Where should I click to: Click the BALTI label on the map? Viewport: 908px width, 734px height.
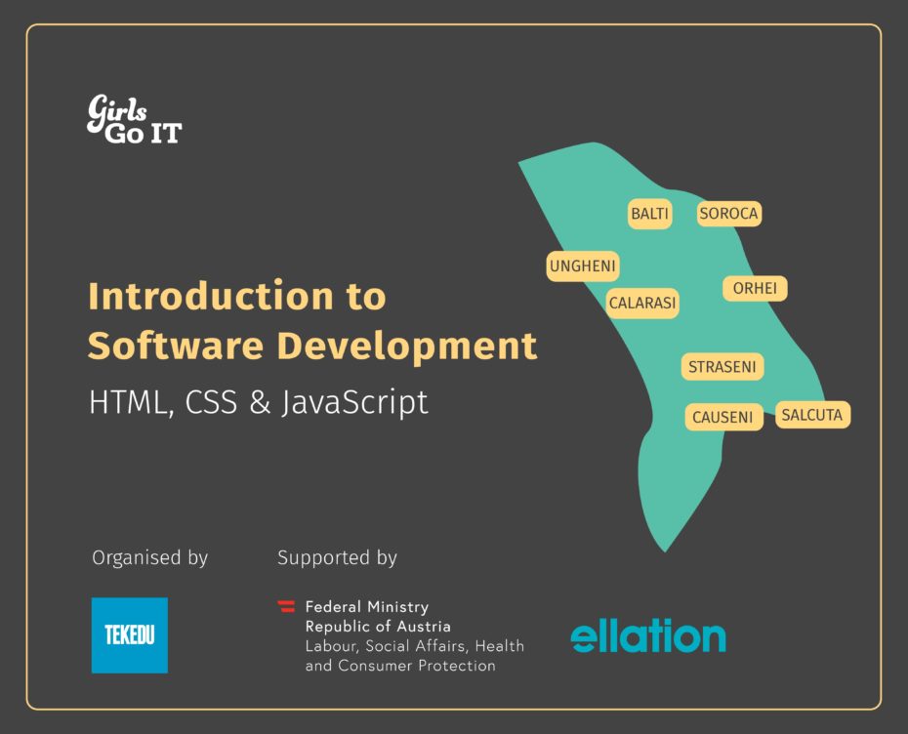tap(649, 214)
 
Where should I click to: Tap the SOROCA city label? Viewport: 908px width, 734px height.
tap(728, 214)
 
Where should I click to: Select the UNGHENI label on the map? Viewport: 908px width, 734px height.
tap(583, 266)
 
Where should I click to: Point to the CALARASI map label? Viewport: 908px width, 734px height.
tap(642, 303)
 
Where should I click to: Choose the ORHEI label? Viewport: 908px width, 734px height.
tap(755, 288)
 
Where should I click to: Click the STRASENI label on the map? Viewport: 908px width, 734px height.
tap(722, 366)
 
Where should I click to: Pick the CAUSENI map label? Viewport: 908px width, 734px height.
tap(723, 417)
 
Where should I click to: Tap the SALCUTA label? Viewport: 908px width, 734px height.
tap(812, 415)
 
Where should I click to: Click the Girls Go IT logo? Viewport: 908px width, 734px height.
tap(135, 119)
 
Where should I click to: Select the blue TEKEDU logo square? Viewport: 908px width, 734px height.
tap(130, 635)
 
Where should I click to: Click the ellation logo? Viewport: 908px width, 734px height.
tap(648, 635)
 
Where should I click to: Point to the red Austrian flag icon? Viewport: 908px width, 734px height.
tap(286, 606)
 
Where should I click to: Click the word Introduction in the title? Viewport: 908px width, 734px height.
tap(211, 296)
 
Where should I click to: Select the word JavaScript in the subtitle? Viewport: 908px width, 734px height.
tap(355, 402)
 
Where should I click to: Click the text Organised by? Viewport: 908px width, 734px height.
tap(150, 557)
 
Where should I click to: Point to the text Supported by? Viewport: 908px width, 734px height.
tap(337, 557)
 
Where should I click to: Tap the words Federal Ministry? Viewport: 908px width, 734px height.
tap(367, 607)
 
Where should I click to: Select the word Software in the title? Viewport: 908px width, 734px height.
tap(176, 346)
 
